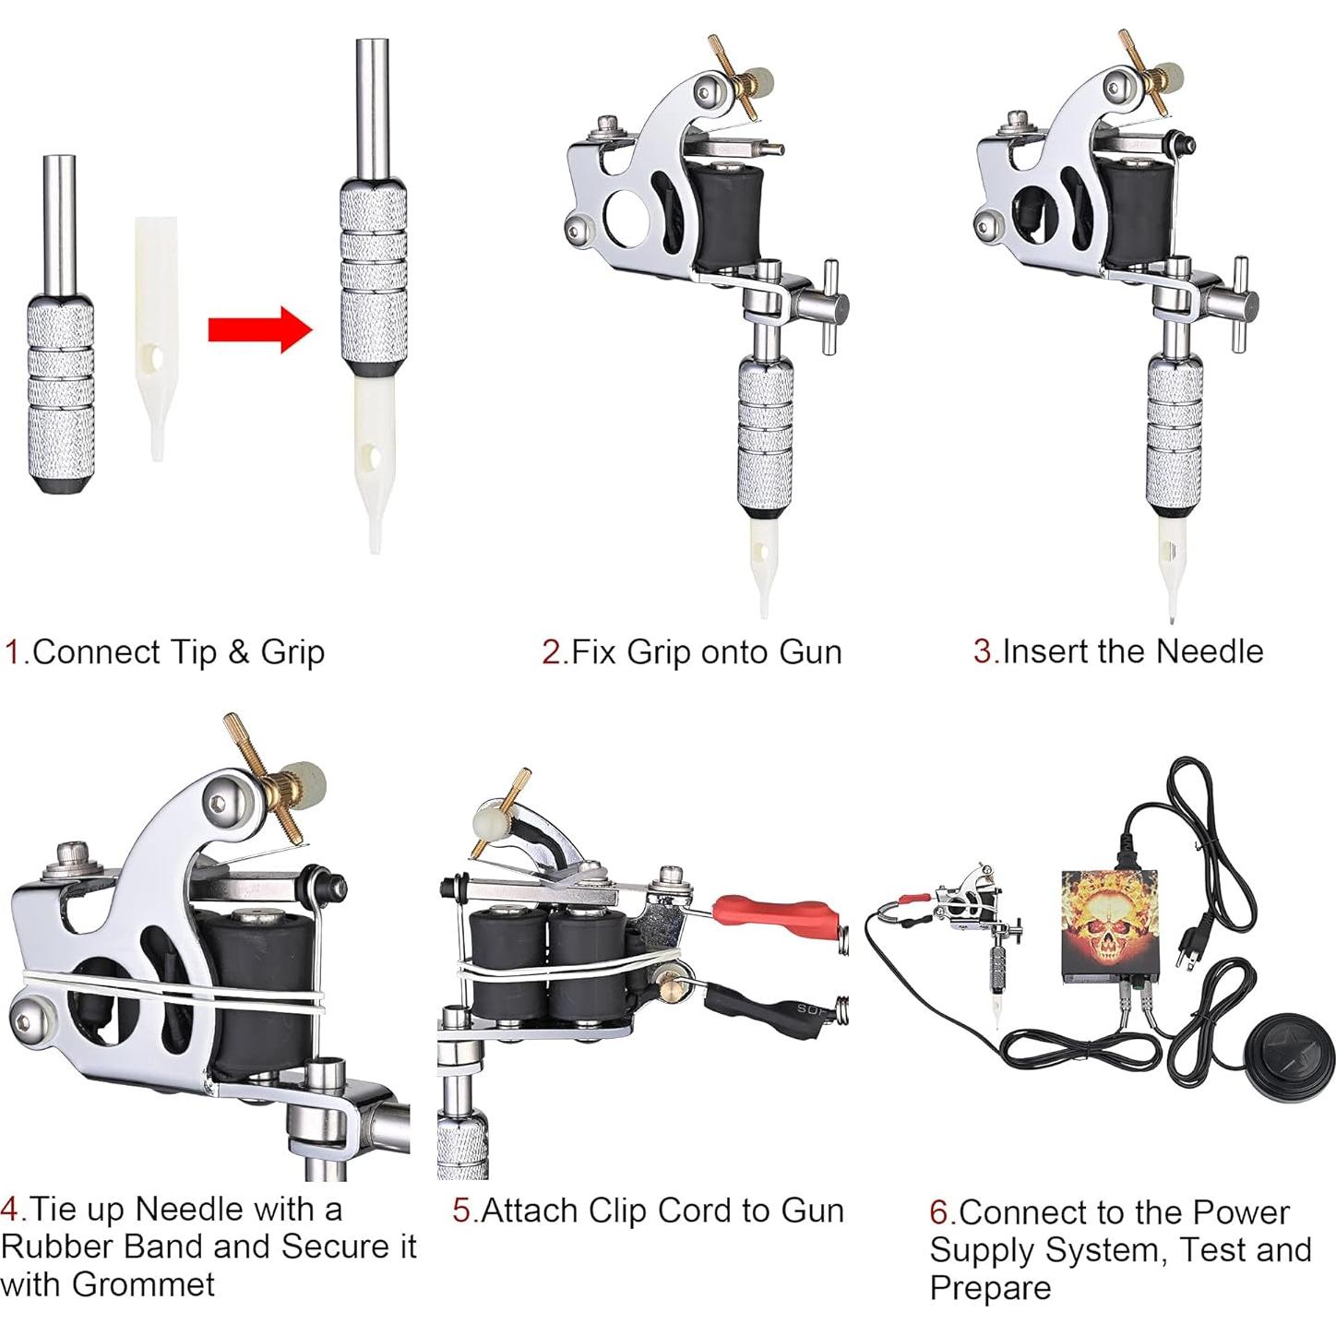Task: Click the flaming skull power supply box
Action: [x=1109, y=923]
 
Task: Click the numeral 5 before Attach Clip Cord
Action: [x=461, y=1211]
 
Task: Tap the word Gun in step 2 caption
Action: [x=810, y=652]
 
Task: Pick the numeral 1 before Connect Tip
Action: [x=12, y=652]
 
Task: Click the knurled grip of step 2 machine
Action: [x=765, y=434]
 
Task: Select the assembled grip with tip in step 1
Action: [x=372, y=295]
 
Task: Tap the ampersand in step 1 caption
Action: [x=238, y=652]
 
